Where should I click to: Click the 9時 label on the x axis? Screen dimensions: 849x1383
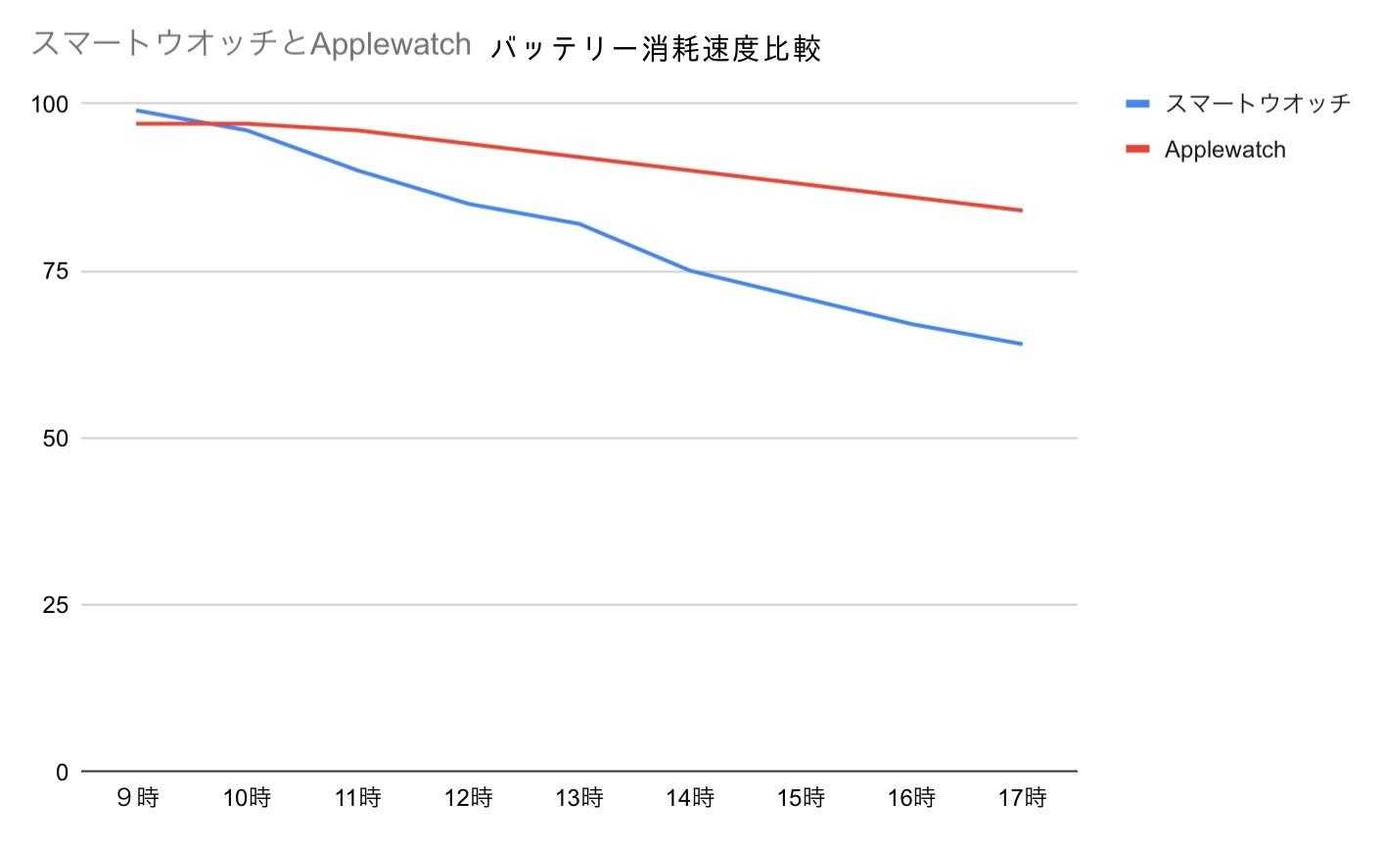click(x=137, y=798)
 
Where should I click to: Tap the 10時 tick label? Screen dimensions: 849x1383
click(x=247, y=798)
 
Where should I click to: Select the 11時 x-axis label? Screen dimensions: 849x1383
click(x=357, y=798)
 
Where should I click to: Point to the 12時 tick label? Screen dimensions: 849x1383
click(x=468, y=798)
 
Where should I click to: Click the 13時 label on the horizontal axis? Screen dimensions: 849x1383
click(x=578, y=798)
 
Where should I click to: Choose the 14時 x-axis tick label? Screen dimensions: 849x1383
click(x=689, y=798)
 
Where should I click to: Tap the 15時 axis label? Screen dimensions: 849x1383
click(x=801, y=798)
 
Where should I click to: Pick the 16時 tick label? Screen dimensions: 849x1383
click(x=911, y=798)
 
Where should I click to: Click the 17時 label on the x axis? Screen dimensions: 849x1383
click(x=1022, y=798)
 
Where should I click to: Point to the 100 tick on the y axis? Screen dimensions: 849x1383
click(x=50, y=104)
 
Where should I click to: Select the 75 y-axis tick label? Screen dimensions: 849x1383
click(x=56, y=271)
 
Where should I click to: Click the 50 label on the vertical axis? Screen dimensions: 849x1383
click(x=56, y=438)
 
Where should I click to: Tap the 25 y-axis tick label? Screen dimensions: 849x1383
click(x=56, y=605)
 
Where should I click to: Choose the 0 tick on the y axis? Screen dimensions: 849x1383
click(x=62, y=773)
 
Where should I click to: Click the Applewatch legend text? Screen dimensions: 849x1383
click(x=1224, y=150)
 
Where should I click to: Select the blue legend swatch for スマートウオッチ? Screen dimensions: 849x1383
click(x=1137, y=103)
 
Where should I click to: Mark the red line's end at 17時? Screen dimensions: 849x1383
click(x=1022, y=211)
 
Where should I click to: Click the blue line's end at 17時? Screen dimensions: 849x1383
click(x=1022, y=344)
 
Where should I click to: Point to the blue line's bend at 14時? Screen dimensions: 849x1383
click(x=690, y=270)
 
